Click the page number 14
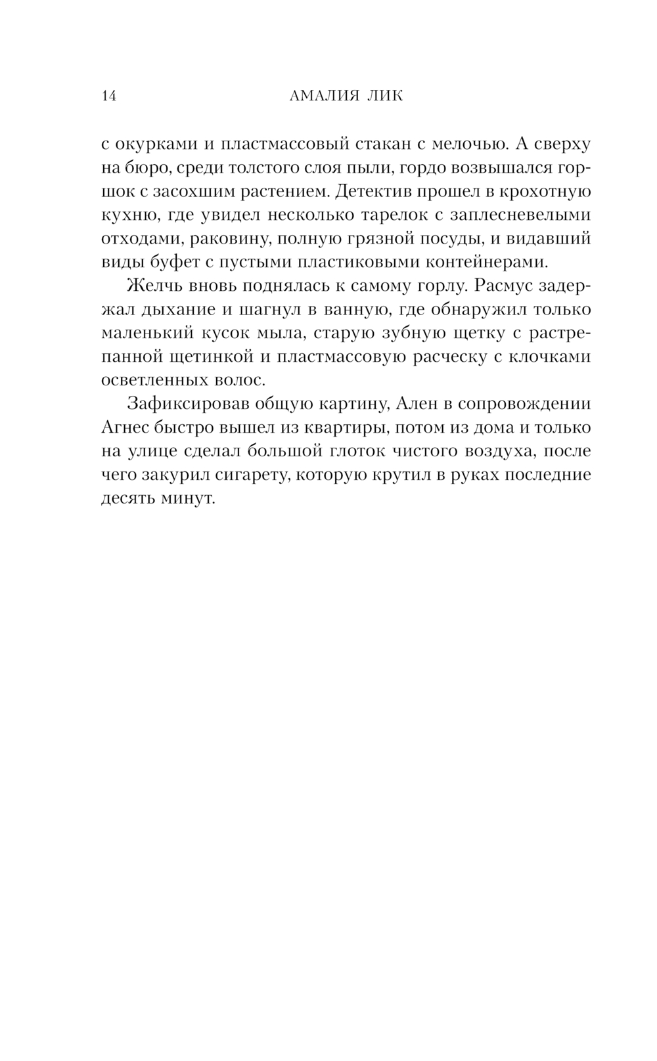pos(109,97)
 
